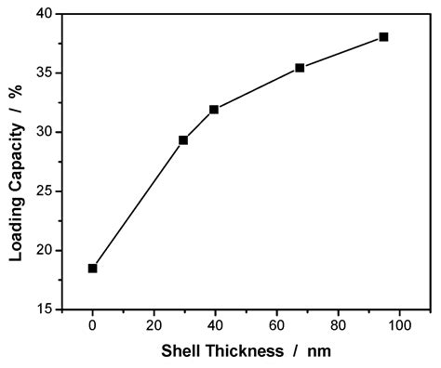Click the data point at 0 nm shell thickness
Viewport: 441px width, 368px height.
click(92, 269)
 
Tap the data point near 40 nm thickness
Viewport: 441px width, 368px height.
click(214, 110)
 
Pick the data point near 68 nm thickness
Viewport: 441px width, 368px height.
click(300, 68)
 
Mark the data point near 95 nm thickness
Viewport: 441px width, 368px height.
click(383, 37)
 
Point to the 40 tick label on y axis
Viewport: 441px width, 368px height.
click(43, 14)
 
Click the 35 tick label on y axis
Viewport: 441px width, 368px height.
click(43, 73)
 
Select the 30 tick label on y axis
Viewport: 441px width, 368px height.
click(43, 132)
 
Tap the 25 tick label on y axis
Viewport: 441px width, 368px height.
click(43, 191)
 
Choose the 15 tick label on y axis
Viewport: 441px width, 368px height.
click(43, 309)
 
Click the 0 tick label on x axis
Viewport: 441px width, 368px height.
click(92, 325)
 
